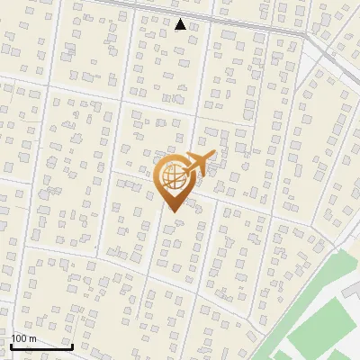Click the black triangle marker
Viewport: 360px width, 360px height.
pos(181,24)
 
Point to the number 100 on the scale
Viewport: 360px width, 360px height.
pos(20,338)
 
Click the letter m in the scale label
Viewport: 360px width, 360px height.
pos(32,338)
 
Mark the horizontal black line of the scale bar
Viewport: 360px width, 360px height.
pos(41,346)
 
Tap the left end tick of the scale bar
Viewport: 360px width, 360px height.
pos(11,344)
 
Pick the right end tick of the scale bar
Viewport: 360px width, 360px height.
pos(72,344)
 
